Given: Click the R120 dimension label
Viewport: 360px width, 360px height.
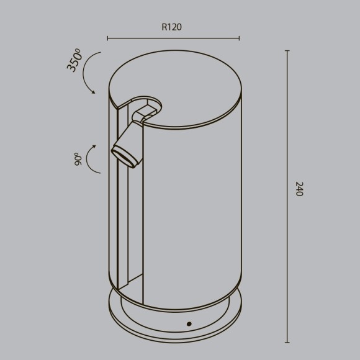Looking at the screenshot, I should (x=171, y=27).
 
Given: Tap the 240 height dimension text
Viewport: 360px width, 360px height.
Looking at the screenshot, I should (x=299, y=189).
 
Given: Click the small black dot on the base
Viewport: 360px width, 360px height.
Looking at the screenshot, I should (x=189, y=323).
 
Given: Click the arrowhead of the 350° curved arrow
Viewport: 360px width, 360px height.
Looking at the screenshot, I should (x=93, y=92).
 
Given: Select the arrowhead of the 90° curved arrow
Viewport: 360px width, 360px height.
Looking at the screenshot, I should (x=93, y=147).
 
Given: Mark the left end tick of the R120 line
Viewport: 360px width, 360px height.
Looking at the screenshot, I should (x=108, y=38).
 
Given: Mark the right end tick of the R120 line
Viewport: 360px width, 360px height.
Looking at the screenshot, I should (x=240, y=38).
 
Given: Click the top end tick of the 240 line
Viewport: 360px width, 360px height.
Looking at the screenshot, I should (x=287, y=50).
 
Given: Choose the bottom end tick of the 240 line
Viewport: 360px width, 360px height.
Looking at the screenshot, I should (x=287, y=342).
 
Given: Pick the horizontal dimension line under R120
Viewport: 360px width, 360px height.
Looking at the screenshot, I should (x=174, y=38).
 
